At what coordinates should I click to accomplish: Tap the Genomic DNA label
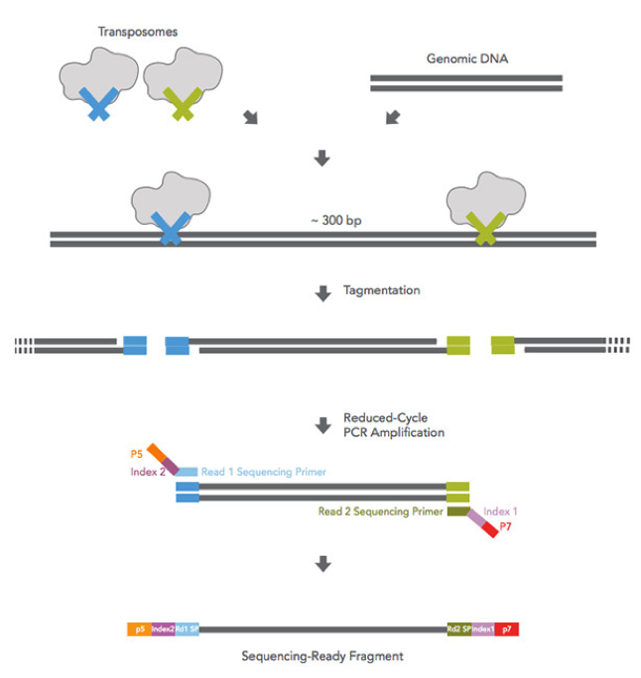pyautogui.click(x=466, y=57)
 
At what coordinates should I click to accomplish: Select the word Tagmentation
pyautogui.click(x=382, y=291)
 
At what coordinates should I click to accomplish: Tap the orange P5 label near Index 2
pyautogui.click(x=137, y=453)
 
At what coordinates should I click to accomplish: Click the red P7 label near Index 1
pyautogui.click(x=505, y=526)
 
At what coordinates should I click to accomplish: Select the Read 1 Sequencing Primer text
pyautogui.click(x=263, y=472)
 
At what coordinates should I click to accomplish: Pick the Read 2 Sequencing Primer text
pyautogui.click(x=380, y=511)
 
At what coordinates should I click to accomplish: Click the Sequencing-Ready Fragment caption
pyautogui.click(x=321, y=655)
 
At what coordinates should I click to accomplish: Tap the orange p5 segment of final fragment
pyautogui.click(x=138, y=628)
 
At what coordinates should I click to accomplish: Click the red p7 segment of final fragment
pyautogui.click(x=507, y=628)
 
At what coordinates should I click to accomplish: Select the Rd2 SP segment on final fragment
pyautogui.click(x=459, y=628)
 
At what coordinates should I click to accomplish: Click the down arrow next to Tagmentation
pyautogui.click(x=321, y=292)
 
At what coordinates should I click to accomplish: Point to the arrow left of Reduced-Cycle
pyautogui.click(x=321, y=425)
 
